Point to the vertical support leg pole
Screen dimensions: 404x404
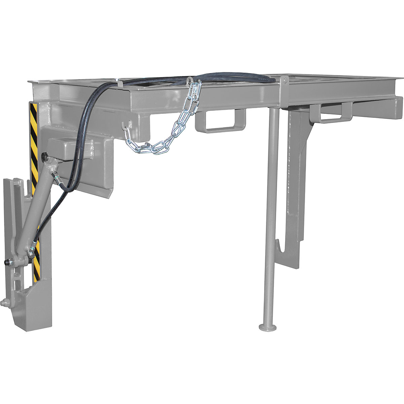pos(272,202)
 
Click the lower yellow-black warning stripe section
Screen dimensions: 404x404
pos(36,259)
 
